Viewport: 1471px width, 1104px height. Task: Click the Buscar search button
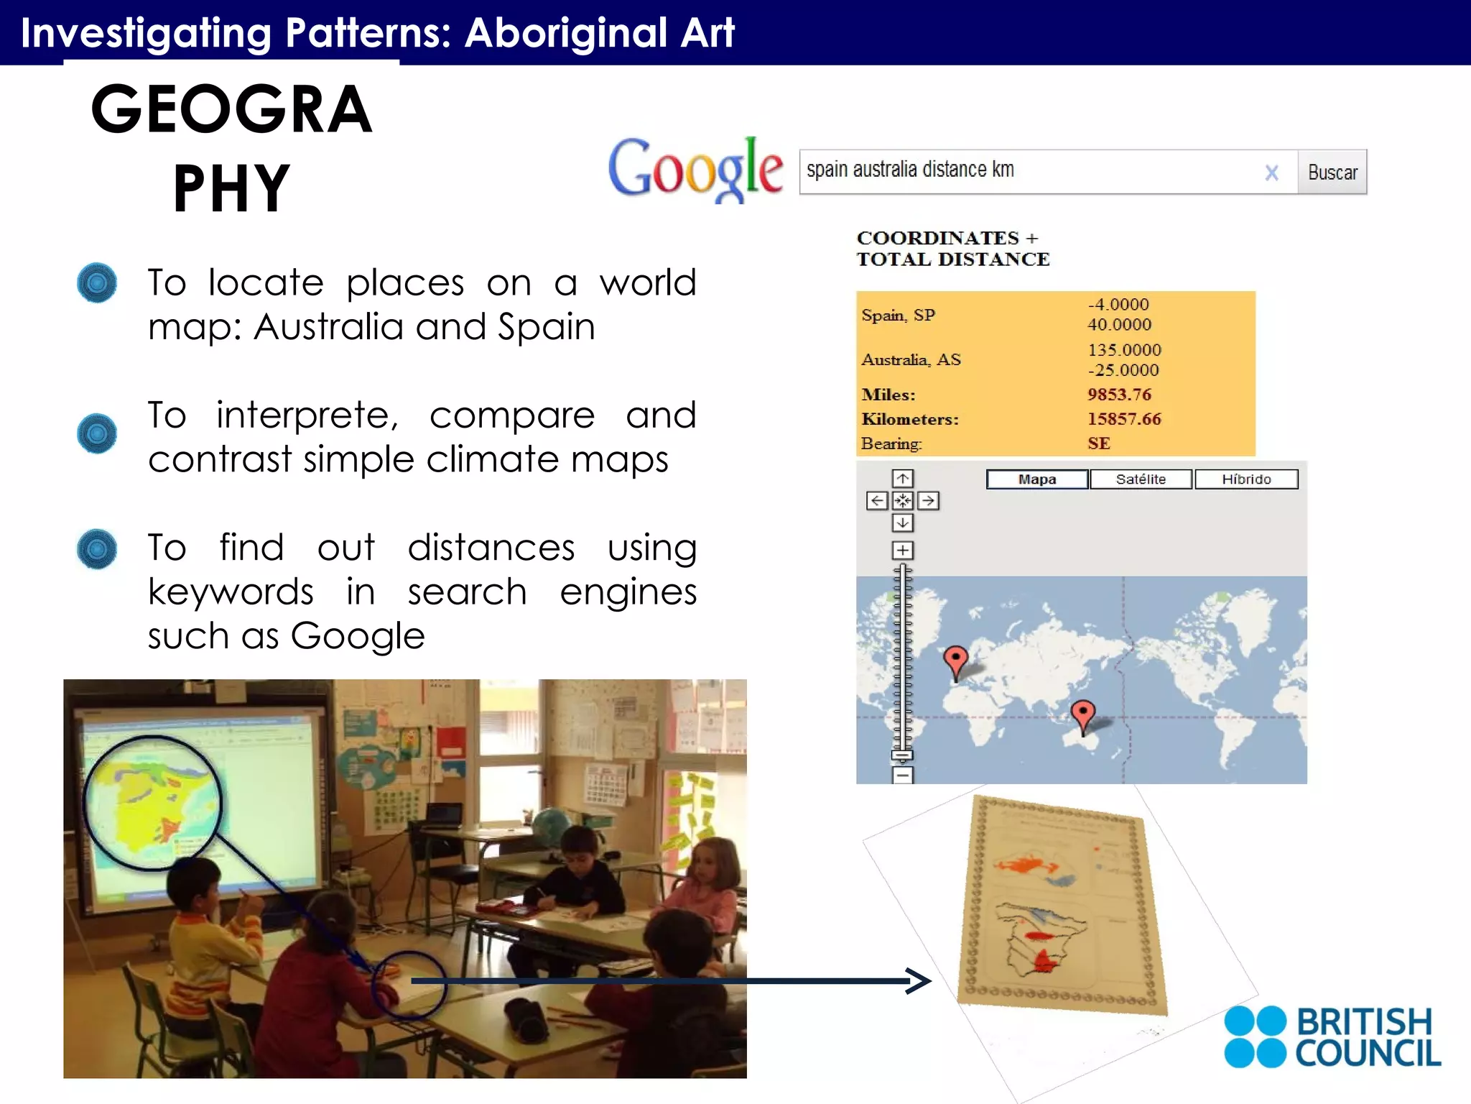(x=1332, y=172)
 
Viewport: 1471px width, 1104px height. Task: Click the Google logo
(x=695, y=170)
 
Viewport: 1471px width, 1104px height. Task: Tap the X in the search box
(x=1271, y=172)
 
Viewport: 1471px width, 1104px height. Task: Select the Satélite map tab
(x=1141, y=479)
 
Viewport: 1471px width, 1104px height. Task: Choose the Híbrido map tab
(x=1246, y=479)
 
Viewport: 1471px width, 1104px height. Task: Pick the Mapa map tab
(x=1037, y=479)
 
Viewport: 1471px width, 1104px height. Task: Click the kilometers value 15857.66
(x=1124, y=419)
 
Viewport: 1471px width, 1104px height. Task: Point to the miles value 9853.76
(x=1119, y=395)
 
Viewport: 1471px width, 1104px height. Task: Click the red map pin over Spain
(x=955, y=659)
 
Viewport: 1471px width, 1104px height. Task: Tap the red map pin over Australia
(x=1082, y=713)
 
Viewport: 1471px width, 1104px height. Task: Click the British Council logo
(x=1332, y=1037)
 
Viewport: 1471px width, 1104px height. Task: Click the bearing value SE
(x=1099, y=443)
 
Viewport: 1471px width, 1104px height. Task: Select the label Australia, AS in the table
(x=911, y=360)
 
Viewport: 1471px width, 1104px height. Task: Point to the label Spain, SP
(x=898, y=316)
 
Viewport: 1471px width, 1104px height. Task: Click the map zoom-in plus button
(x=903, y=551)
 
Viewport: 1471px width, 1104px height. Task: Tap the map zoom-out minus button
(x=903, y=776)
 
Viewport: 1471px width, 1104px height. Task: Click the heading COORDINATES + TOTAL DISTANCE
(x=952, y=249)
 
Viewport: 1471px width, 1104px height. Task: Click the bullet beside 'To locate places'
(x=97, y=282)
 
